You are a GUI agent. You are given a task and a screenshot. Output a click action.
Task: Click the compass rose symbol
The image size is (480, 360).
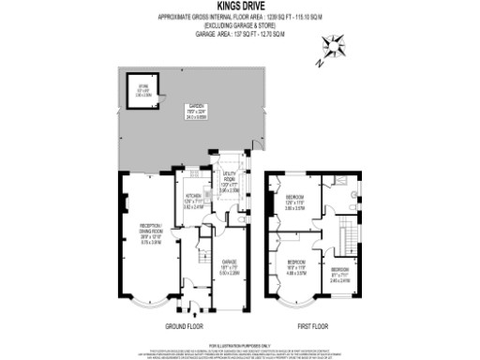[334, 45]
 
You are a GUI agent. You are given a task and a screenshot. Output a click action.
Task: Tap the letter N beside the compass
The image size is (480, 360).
[320, 64]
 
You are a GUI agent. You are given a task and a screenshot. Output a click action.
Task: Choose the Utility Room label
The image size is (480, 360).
[231, 182]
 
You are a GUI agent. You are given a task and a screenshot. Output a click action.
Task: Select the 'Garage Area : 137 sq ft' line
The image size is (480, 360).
[237, 33]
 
